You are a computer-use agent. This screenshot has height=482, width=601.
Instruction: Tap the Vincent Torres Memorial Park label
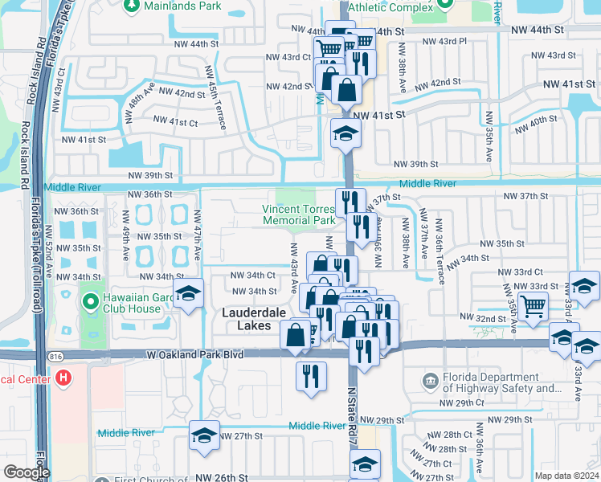click(x=299, y=214)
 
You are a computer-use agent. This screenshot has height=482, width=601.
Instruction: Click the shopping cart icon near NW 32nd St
click(x=533, y=306)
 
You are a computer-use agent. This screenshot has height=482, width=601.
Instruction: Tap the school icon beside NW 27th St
click(x=204, y=435)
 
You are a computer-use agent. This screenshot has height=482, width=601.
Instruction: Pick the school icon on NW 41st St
click(x=345, y=133)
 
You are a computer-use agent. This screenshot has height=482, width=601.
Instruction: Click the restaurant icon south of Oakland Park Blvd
click(x=312, y=375)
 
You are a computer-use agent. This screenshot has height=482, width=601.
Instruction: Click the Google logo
click(x=26, y=472)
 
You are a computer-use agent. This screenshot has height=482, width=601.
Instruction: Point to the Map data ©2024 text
click(x=566, y=475)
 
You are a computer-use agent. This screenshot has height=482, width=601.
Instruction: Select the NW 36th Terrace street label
click(x=439, y=251)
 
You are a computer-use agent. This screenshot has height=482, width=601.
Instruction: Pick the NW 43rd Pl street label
click(x=444, y=40)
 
